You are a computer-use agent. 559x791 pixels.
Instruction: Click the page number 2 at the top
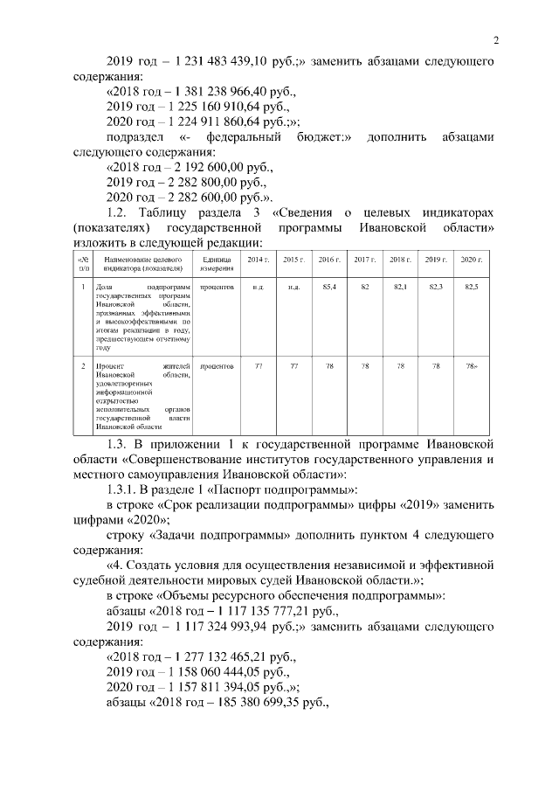click(495, 40)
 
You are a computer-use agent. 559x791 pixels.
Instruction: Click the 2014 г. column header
click(259, 260)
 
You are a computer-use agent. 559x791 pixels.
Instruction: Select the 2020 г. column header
click(472, 260)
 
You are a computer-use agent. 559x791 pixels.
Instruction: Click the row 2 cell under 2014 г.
click(259, 365)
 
